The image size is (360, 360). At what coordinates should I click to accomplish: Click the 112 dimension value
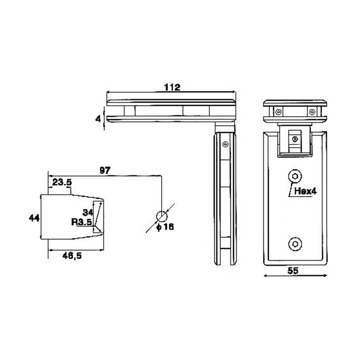click(x=172, y=88)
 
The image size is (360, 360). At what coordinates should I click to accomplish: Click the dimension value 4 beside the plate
click(x=97, y=119)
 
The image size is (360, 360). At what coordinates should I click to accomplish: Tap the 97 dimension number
click(x=104, y=170)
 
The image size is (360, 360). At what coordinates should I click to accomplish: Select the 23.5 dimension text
click(x=63, y=182)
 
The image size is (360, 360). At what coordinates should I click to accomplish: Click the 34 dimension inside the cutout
click(x=88, y=211)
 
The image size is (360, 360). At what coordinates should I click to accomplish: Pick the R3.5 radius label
click(x=81, y=221)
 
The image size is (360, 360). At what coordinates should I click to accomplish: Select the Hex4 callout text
click(x=306, y=191)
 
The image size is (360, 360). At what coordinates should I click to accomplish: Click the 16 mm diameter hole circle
click(x=161, y=216)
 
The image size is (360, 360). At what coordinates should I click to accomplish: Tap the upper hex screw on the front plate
click(x=295, y=176)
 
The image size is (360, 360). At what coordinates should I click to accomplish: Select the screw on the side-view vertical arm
click(x=225, y=144)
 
